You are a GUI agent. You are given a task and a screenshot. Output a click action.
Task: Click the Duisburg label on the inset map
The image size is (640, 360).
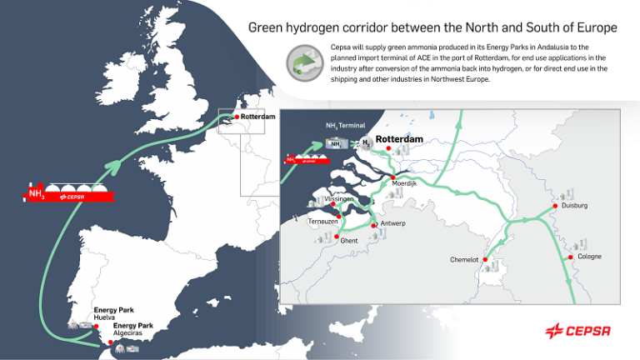574,204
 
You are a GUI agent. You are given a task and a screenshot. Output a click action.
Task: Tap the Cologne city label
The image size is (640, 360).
589,256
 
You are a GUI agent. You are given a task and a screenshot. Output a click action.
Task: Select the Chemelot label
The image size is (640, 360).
464,259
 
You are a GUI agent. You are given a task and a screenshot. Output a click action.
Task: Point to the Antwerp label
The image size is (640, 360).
392,223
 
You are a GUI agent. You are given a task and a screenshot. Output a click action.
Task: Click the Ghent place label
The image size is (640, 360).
349,240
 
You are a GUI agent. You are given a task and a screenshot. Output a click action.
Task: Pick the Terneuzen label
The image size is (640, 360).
322,222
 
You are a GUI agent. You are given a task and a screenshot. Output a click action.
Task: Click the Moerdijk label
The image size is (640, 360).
404,183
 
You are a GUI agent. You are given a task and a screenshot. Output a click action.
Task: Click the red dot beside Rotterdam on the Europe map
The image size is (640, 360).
237,117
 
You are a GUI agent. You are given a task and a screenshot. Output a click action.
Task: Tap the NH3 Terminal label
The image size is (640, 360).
345,125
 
